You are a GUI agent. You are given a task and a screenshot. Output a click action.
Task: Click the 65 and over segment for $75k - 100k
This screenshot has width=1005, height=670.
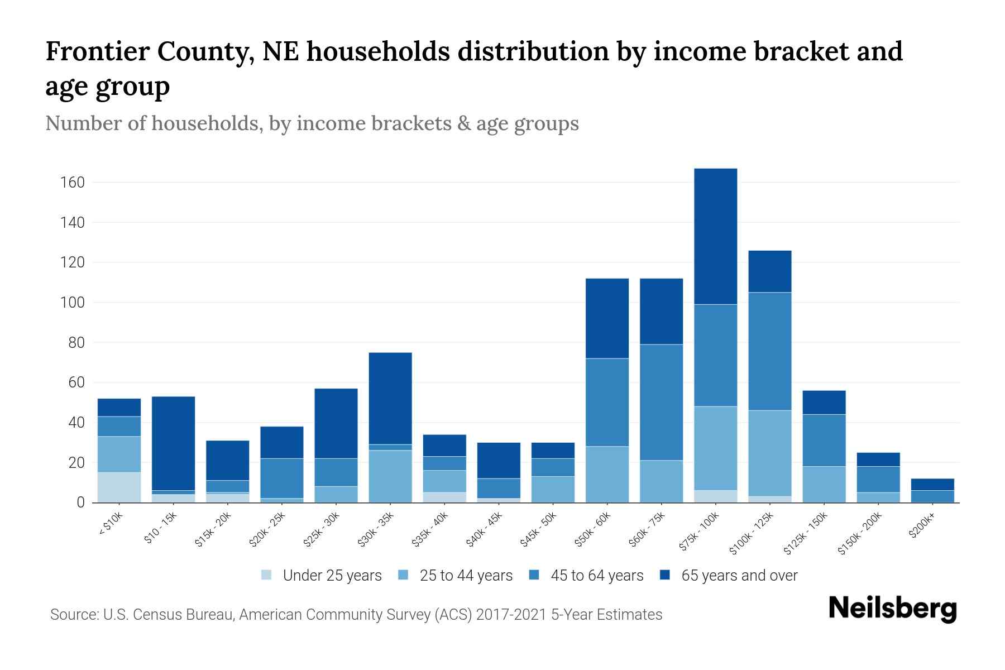tap(715, 236)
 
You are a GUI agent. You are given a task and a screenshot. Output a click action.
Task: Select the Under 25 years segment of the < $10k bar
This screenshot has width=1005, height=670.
tap(119, 487)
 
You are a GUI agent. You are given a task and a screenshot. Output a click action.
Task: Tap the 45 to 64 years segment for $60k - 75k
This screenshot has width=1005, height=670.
tap(661, 402)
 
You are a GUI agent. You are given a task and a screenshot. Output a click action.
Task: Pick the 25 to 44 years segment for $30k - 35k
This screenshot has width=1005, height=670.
tap(390, 476)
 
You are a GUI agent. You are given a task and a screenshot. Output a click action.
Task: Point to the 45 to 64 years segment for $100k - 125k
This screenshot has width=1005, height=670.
tap(769, 351)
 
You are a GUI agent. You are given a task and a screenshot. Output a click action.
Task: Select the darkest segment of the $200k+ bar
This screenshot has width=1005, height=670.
tap(932, 484)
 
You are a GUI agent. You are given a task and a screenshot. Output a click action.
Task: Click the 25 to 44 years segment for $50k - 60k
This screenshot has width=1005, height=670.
tap(607, 474)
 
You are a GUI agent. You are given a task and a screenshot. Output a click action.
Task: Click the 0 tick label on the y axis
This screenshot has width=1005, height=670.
tap(80, 502)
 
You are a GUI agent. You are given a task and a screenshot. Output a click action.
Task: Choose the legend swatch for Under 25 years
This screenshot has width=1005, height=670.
tap(267, 575)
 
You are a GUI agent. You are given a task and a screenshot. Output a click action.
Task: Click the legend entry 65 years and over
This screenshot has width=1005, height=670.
tap(739, 576)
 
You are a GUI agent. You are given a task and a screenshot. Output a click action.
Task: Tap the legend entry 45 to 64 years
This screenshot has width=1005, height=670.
tap(596, 576)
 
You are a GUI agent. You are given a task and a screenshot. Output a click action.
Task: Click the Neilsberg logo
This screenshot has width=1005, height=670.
tap(892, 609)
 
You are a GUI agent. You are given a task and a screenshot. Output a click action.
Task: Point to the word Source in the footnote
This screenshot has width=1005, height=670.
tap(73, 615)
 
